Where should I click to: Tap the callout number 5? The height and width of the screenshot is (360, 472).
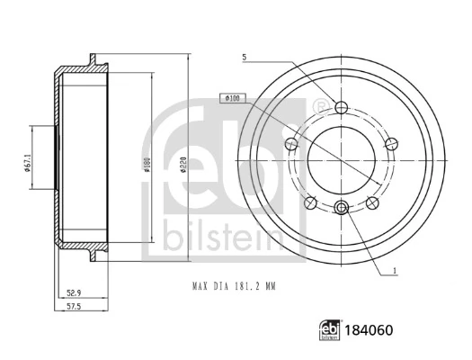pyautogui.click(x=245, y=58)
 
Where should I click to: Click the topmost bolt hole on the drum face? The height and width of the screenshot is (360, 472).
pyautogui.click(x=341, y=108)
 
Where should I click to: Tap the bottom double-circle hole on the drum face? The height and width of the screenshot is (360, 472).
pyautogui.click(x=341, y=209)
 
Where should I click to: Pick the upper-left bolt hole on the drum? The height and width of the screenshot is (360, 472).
pyautogui.click(x=289, y=144)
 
